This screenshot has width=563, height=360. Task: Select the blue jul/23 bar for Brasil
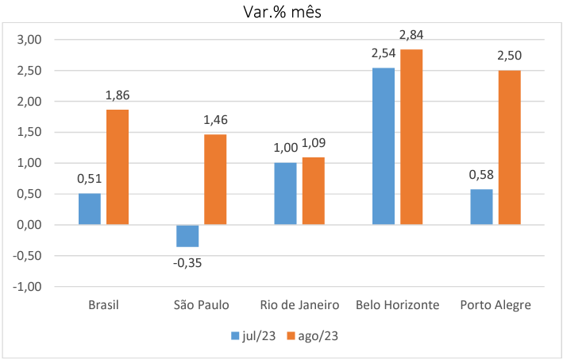pos(90,209)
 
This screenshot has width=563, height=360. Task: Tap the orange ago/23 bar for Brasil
pos(118,167)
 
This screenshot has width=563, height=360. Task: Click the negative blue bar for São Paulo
pos(187,236)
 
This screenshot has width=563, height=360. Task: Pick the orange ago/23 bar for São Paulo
pos(215,180)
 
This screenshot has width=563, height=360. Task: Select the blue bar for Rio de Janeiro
pos(285,194)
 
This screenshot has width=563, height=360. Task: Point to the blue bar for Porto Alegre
pos(481,207)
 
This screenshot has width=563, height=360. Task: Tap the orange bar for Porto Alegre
pos(509,148)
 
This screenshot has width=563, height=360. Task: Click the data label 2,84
pos(411,35)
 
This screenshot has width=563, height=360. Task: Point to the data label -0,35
pos(187,261)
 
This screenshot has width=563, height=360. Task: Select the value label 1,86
pos(118,95)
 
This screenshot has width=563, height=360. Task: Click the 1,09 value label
pos(314,143)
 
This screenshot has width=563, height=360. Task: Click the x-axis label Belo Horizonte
pos(397,305)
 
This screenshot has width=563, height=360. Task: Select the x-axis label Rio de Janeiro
pos(299,305)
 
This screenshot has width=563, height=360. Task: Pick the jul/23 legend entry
pos(253,336)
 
